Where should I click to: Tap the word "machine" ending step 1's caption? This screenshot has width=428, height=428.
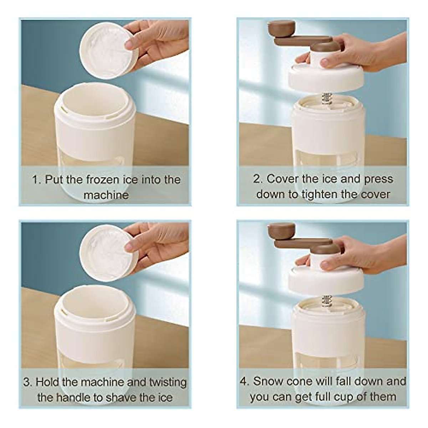[x=106, y=195]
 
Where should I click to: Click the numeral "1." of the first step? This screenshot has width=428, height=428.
[x=37, y=180]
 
